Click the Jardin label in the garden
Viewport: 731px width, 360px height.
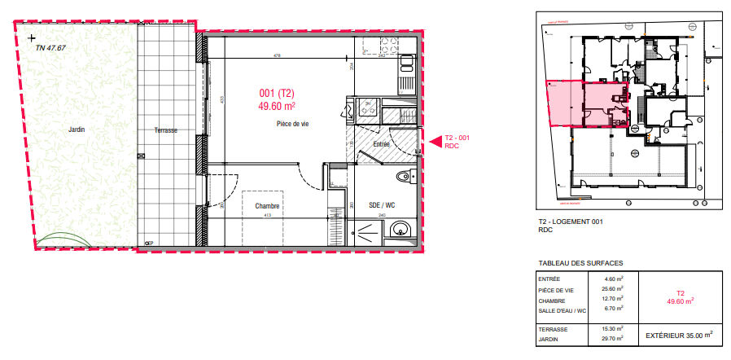(77, 130)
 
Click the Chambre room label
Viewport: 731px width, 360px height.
(267, 206)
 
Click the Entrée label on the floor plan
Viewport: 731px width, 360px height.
(382, 144)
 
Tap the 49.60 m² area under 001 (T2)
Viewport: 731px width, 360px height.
(277, 105)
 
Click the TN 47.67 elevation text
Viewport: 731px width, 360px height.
(50, 48)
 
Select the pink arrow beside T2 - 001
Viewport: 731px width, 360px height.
(435, 142)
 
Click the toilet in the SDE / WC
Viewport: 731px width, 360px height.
(401, 177)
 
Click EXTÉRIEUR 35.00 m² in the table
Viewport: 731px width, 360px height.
(679, 333)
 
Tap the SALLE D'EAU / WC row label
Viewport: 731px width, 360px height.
(562, 309)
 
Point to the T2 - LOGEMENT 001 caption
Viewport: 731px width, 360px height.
(568, 222)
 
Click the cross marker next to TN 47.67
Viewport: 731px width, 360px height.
(31, 37)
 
